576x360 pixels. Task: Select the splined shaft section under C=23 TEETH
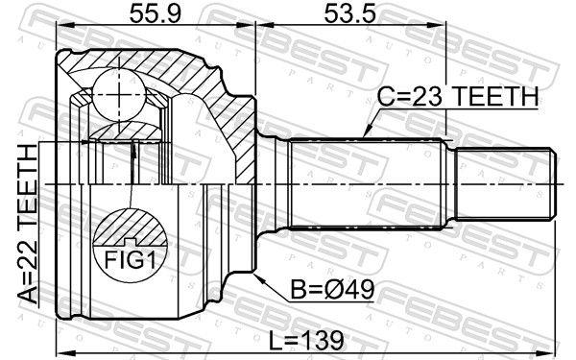coord(370,181)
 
